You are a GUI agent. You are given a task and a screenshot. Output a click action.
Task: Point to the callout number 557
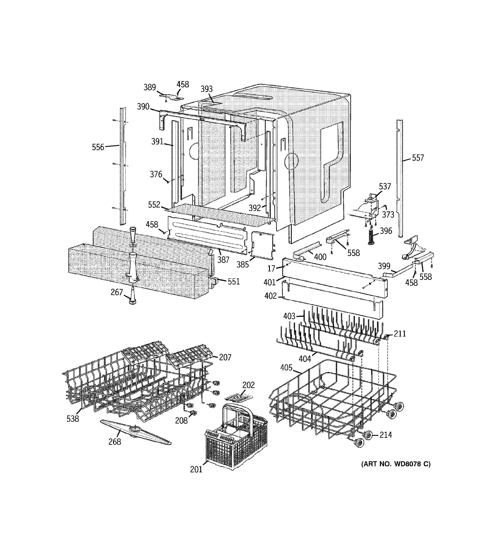(418, 158)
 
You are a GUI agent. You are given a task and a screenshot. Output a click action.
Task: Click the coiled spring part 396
(371, 236)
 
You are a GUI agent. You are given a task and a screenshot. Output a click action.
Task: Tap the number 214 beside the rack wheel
(386, 435)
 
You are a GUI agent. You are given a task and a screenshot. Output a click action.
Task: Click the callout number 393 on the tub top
(207, 89)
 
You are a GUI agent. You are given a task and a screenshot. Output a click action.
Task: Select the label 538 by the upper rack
(73, 419)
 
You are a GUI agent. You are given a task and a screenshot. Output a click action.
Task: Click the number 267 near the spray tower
(116, 292)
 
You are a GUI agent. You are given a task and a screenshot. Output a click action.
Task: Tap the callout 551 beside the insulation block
(234, 282)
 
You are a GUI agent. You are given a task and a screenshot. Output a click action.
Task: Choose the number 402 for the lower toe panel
(271, 296)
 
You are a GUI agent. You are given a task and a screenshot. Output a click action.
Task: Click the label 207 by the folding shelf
(225, 357)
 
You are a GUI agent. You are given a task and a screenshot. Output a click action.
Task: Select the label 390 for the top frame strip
(143, 107)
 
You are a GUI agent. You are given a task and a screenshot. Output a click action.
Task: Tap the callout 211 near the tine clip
(400, 334)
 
